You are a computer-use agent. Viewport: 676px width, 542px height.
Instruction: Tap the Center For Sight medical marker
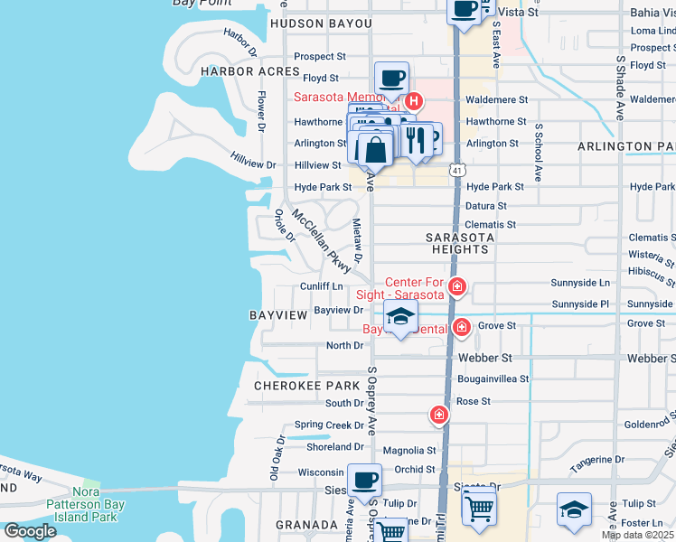coord(457,287)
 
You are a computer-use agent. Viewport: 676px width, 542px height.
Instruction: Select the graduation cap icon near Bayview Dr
coord(400,316)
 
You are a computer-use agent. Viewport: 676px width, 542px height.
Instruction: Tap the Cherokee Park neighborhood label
coord(306,385)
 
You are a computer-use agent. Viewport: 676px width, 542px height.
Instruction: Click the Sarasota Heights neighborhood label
coord(460,243)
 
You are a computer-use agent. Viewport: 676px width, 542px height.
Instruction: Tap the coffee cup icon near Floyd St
coord(391,79)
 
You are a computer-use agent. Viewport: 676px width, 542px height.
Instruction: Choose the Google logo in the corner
coord(29,531)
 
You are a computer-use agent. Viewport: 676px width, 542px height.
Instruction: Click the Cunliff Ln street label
coord(321,286)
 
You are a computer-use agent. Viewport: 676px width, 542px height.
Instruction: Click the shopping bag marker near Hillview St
coord(375,149)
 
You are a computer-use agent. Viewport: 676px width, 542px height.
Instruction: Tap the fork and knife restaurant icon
coord(415,140)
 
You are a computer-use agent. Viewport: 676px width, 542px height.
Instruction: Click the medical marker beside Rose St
coord(438,415)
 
